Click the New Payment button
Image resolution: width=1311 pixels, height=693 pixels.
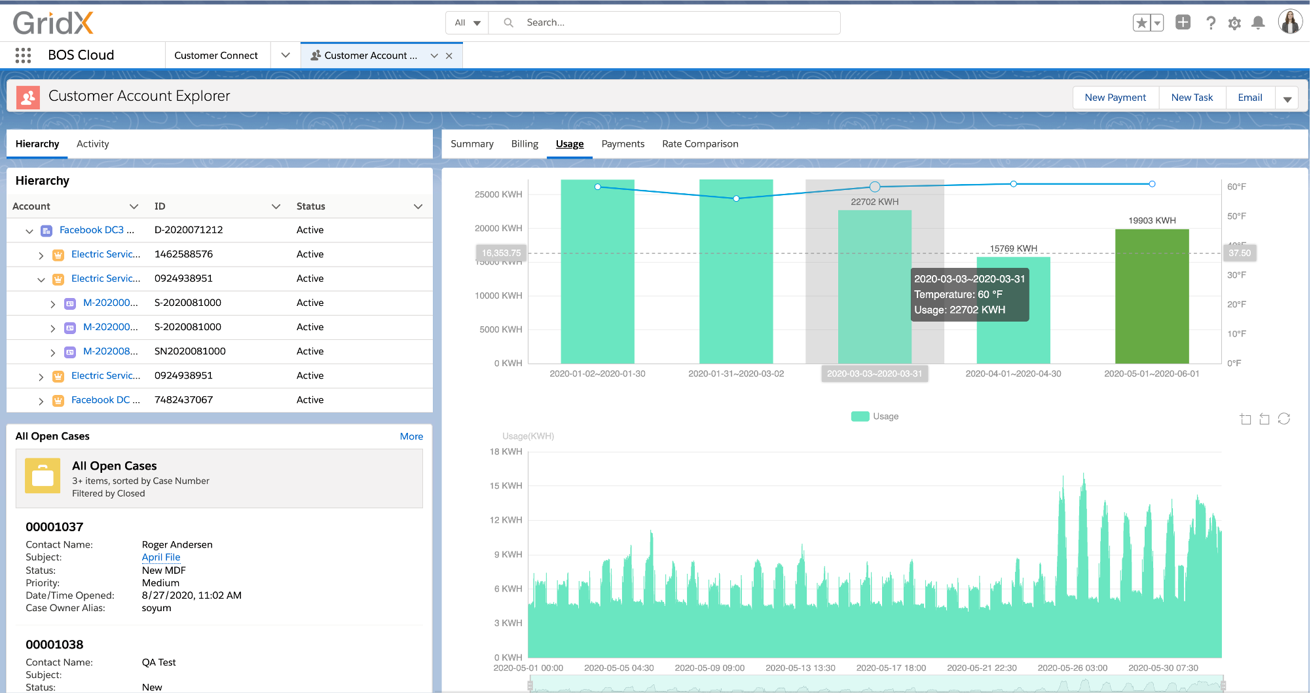click(1115, 98)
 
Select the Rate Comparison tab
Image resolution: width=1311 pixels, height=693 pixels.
click(699, 144)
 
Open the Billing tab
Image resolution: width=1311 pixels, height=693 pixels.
click(525, 144)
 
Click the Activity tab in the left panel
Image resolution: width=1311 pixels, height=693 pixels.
click(92, 144)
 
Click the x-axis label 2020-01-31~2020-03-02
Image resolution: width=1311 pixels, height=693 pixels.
click(735, 374)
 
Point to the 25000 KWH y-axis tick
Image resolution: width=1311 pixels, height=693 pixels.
click(498, 195)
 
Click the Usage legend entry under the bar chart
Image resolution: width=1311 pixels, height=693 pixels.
click(875, 417)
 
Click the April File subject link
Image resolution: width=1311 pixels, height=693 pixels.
click(161, 557)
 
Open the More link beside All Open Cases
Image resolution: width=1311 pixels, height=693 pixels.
click(411, 436)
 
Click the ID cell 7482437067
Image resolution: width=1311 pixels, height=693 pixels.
click(183, 400)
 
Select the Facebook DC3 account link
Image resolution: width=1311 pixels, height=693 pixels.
click(96, 230)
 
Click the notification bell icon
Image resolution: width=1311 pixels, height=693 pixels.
click(1257, 23)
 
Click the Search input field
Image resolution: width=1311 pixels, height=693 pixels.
click(674, 23)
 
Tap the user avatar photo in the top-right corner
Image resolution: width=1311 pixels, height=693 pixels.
click(1289, 22)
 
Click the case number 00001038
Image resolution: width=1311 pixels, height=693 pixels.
click(54, 645)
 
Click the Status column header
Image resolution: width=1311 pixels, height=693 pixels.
click(311, 206)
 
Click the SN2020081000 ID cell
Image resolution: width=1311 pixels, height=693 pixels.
click(190, 351)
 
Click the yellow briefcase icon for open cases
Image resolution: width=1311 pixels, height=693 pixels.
click(43, 476)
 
